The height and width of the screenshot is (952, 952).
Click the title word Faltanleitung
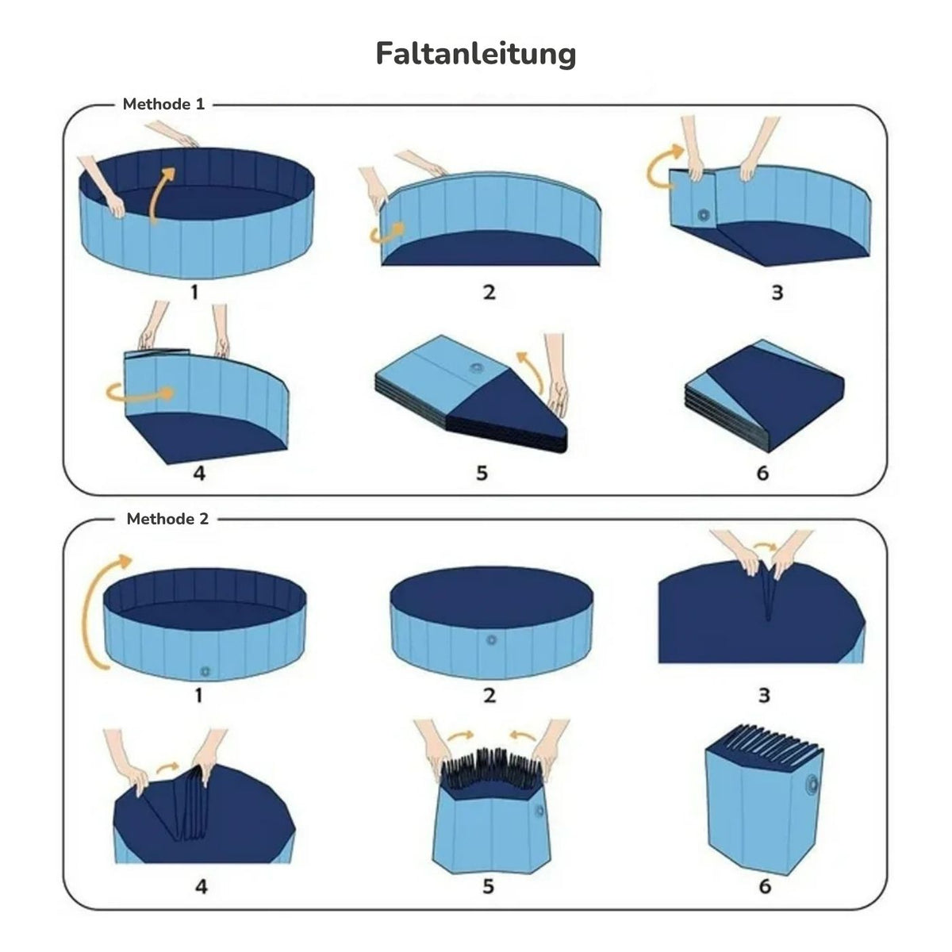point(476,55)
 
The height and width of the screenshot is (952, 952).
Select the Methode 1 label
point(163,104)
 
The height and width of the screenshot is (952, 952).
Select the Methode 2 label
point(167,519)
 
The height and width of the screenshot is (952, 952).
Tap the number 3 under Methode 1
point(777,293)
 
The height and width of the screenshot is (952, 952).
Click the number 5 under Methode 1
point(482,473)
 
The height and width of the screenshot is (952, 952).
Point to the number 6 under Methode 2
point(765,886)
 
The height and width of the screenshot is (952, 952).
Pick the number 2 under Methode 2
point(489,695)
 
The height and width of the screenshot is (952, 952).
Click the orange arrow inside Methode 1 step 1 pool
point(159,195)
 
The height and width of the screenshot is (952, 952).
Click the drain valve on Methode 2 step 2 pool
point(491,640)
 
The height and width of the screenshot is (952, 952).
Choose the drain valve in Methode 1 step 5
point(477,368)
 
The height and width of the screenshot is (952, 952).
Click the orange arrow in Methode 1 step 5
point(528,371)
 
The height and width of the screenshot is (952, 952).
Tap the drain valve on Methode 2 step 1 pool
point(205,671)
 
